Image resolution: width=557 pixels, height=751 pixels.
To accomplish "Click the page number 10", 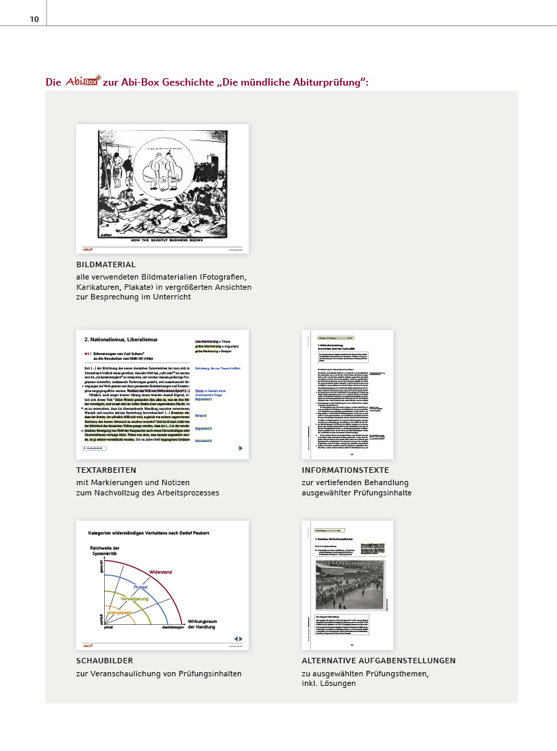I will (34, 19).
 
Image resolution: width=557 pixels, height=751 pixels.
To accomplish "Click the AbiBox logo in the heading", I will (82, 82).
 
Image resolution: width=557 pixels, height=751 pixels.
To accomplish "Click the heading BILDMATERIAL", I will (106, 264).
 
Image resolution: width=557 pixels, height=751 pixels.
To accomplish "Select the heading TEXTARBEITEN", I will (106, 470).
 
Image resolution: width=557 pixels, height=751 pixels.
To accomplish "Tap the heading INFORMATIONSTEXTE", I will (345, 470).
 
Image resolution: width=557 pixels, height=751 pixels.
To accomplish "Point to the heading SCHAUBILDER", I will (105, 661).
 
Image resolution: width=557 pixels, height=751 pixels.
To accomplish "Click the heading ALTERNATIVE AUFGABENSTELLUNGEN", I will (378, 661).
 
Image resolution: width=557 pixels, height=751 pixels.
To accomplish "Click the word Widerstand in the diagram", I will (160, 571).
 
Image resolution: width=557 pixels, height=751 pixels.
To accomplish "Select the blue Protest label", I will (140, 587).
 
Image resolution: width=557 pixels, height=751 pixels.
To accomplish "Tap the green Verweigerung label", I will (135, 599).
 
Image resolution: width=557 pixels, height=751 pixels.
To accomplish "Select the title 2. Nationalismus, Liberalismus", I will (121, 339).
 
